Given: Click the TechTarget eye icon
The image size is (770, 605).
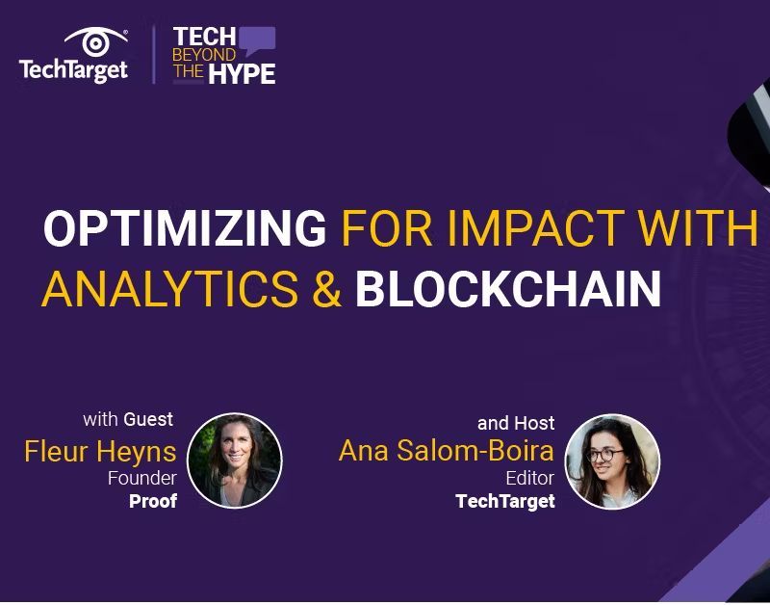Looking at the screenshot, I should [x=95, y=42].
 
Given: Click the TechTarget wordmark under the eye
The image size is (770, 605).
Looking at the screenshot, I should [x=73, y=70].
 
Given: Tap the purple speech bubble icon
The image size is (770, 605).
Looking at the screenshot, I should [x=257, y=41].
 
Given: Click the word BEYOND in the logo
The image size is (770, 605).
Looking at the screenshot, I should [x=203, y=55].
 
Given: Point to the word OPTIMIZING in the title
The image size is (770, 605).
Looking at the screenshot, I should [x=185, y=228].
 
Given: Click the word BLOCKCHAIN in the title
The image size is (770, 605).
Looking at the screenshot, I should [x=507, y=288].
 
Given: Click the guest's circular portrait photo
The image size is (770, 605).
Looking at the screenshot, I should [x=234, y=460].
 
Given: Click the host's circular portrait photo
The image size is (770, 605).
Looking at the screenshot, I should [x=612, y=461].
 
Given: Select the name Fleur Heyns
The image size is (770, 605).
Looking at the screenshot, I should [x=100, y=451].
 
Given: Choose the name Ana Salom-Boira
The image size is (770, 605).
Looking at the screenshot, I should [x=447, y=451].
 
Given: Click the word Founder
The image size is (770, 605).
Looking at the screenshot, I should [x=141, y=479].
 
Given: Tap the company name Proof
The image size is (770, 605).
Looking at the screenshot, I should [x=153, y=501].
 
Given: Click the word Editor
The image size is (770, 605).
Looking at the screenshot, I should [x=529, y=479].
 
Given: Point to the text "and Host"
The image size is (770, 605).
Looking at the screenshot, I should [x=516, y=423].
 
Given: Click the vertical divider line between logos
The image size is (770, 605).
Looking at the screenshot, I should [x=153, y=54].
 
